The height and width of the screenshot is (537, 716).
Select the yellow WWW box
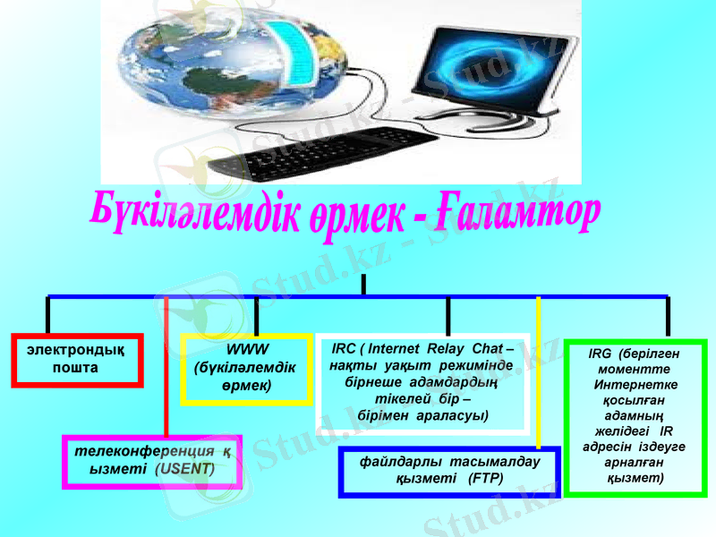[x=245, y=368]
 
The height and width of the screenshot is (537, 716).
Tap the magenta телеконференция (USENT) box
[x=152, y=461]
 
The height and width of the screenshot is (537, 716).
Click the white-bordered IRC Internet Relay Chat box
[x=422, y=382]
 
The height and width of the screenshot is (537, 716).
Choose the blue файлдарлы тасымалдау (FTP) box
[x=449, y=471]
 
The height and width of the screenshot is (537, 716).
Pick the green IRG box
[x=635, y=416]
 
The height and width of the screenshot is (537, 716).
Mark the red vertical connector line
[x=166, y=376]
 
